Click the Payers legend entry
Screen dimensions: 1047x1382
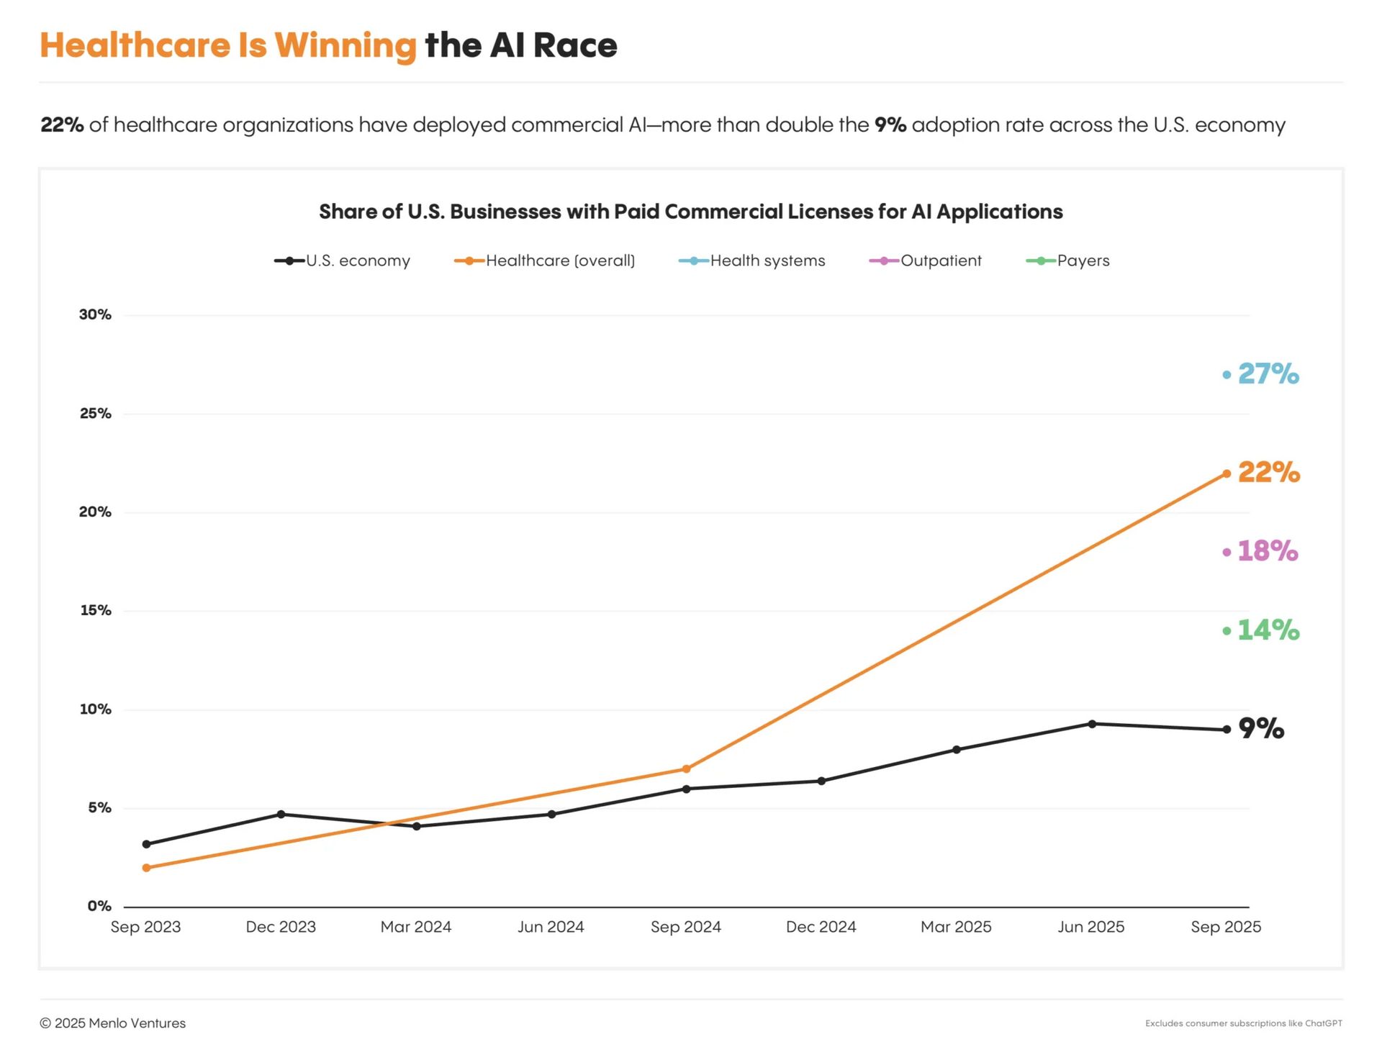pos(1068,260)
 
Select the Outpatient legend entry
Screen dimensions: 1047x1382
pos(926,260)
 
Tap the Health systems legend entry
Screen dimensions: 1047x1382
pos(752,260)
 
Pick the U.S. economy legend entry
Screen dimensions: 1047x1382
pos(343,260)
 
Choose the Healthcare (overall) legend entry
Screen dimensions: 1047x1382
pos(545,260)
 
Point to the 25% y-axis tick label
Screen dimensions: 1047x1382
pos(96,414)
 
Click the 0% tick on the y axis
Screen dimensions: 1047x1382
pos(99,906)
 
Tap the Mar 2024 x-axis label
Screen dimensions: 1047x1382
pos(416,927)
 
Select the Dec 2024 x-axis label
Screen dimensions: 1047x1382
pos(821,927)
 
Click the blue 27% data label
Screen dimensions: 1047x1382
pos(1268,374)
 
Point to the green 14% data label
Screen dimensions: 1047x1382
pos(1268,630)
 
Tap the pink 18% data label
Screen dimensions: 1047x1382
pos(1268,551)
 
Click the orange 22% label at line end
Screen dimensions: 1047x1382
pos(1269,473)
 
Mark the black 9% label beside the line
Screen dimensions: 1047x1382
pos(1261,729)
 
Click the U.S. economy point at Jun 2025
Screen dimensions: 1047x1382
pos(1092,724)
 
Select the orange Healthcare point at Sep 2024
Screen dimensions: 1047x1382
pos(686,769)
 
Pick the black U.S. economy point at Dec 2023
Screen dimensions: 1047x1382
pos(281,815)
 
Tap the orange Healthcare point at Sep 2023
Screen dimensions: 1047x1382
pos(147,868)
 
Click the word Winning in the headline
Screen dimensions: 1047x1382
pos(345,45)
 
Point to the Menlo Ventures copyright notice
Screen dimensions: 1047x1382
pos(113,1023)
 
